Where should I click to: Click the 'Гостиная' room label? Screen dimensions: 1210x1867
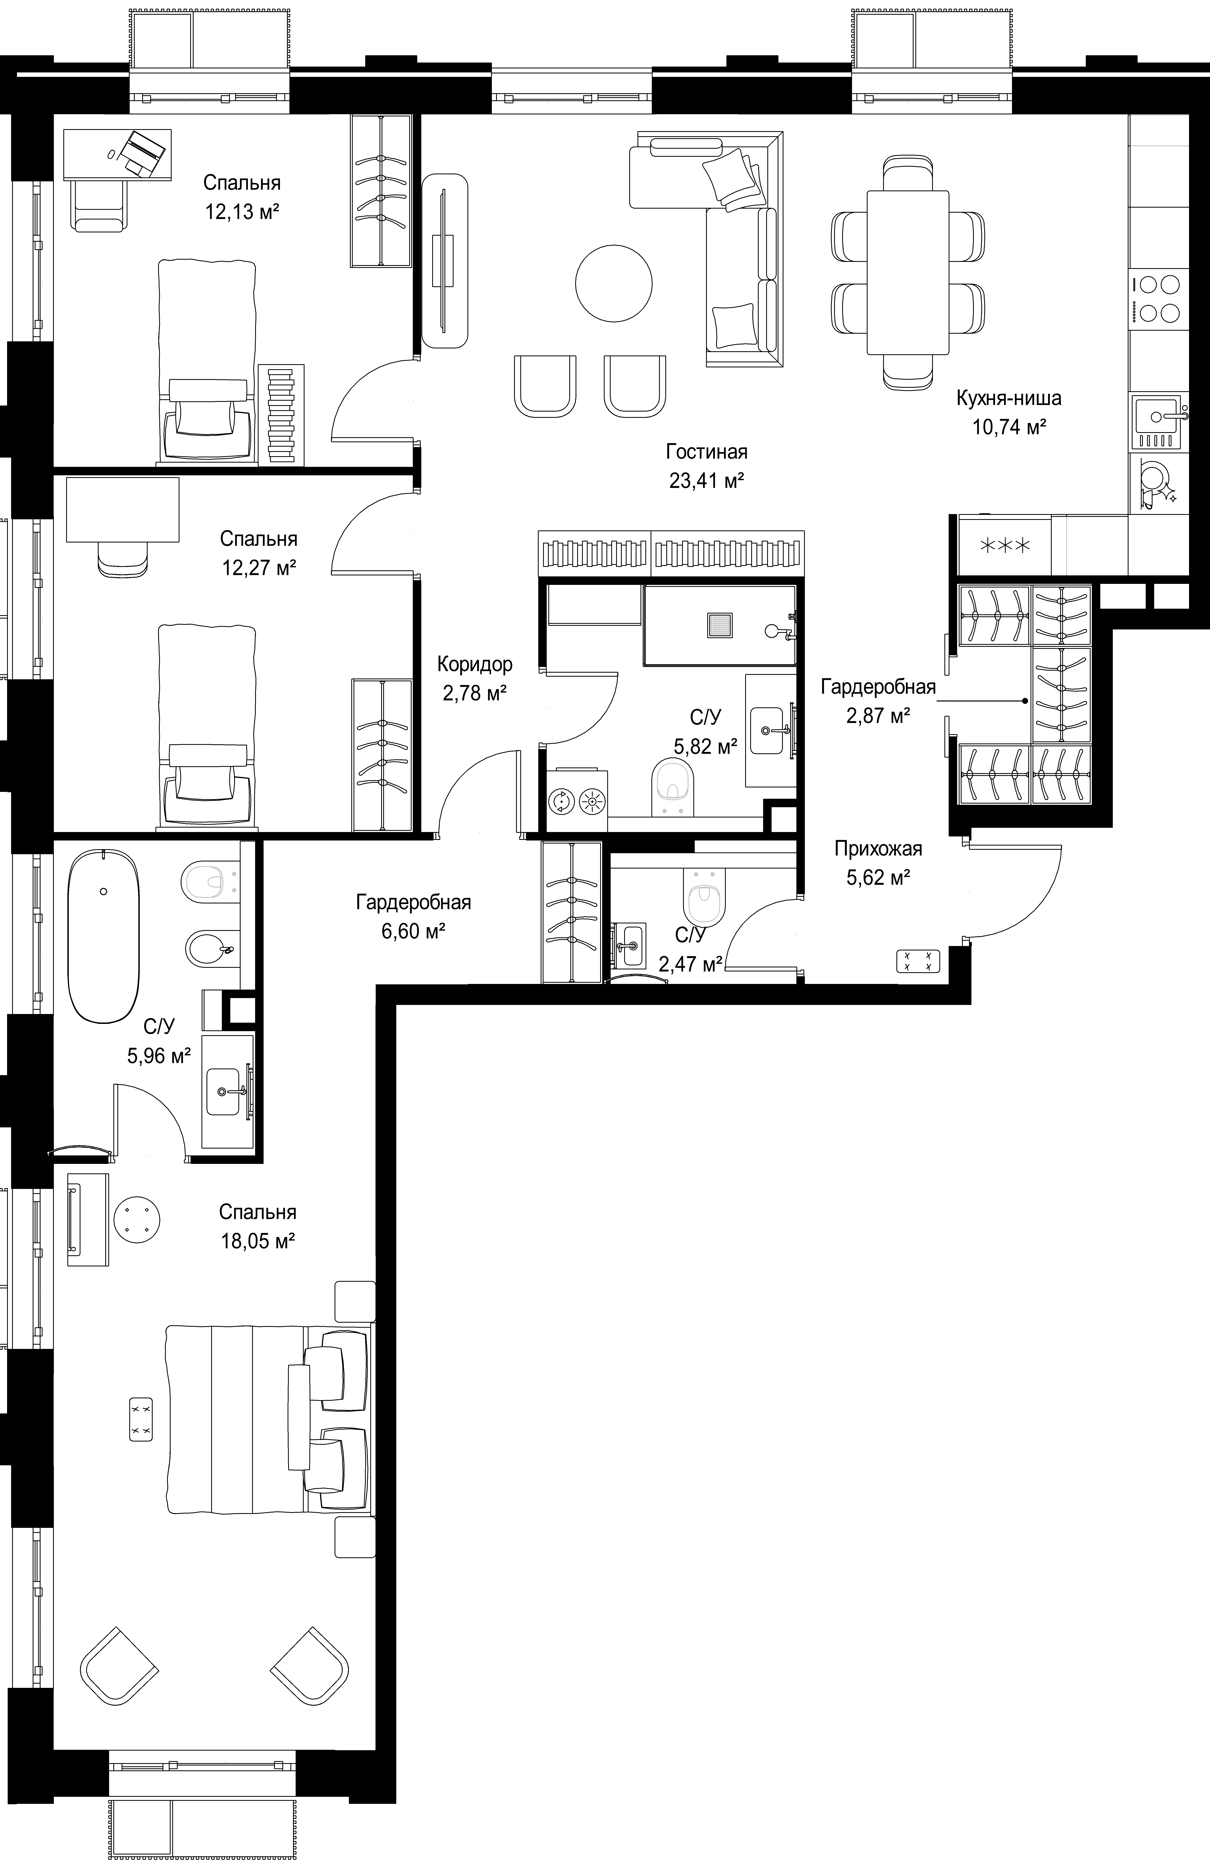tap(707, 452)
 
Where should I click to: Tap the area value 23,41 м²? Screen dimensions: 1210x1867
tap(707, 480)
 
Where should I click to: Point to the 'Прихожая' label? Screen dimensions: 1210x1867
tap(878, 849)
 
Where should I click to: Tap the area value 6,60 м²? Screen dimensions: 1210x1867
tap(413, 931)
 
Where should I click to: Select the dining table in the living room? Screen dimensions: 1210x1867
tap(907, 272)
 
